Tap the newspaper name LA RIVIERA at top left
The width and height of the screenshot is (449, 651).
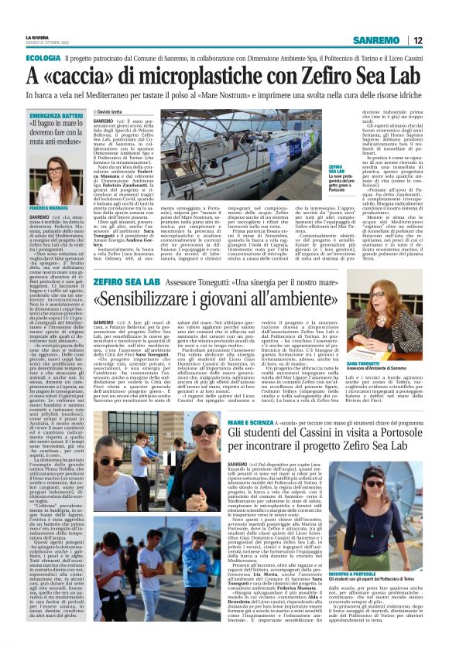(36, 37)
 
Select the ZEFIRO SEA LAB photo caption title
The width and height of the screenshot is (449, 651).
(337, 169)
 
